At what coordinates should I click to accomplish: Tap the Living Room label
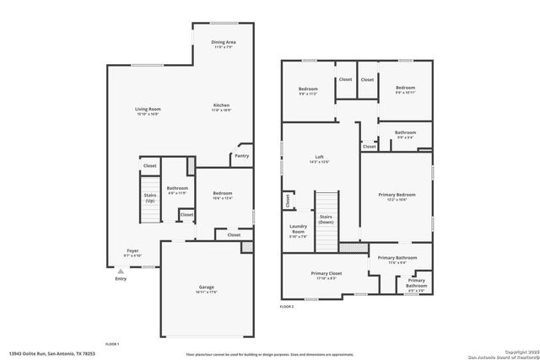pos(148,110)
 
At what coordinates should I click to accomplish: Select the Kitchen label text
pos(221,105)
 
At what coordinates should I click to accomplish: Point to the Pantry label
pos(241,155)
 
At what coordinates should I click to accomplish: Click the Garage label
pos(207,287)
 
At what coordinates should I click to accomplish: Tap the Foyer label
pos(132,250)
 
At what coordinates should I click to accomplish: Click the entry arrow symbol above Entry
pos(120,271)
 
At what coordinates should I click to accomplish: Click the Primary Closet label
pos(325,273)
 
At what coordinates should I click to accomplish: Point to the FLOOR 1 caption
pos(112,344)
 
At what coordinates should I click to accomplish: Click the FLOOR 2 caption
pos(287,307)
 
